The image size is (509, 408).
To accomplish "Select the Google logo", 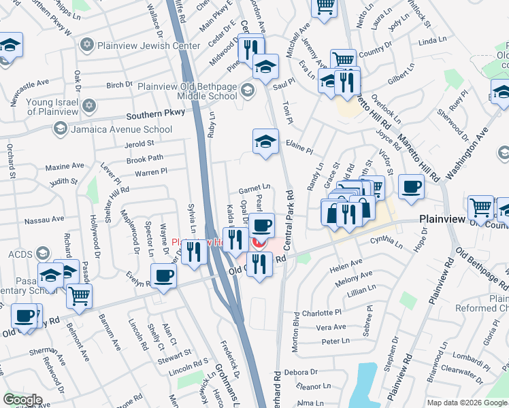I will (23, 400).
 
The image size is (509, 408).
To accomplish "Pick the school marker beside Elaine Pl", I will (265, 141).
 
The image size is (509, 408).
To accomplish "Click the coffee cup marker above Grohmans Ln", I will (163, 275).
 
